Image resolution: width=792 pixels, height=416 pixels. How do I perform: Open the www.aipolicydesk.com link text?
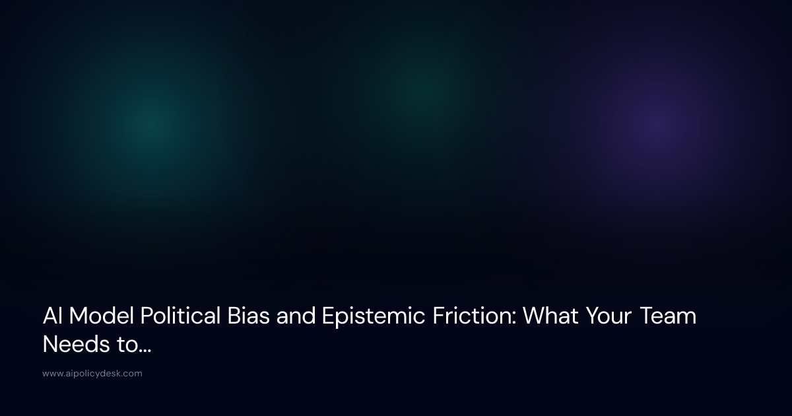pos(92,374)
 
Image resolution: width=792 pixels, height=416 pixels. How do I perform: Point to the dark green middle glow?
pos(422,89)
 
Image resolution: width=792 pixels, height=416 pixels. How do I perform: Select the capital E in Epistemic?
pos(328,317)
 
